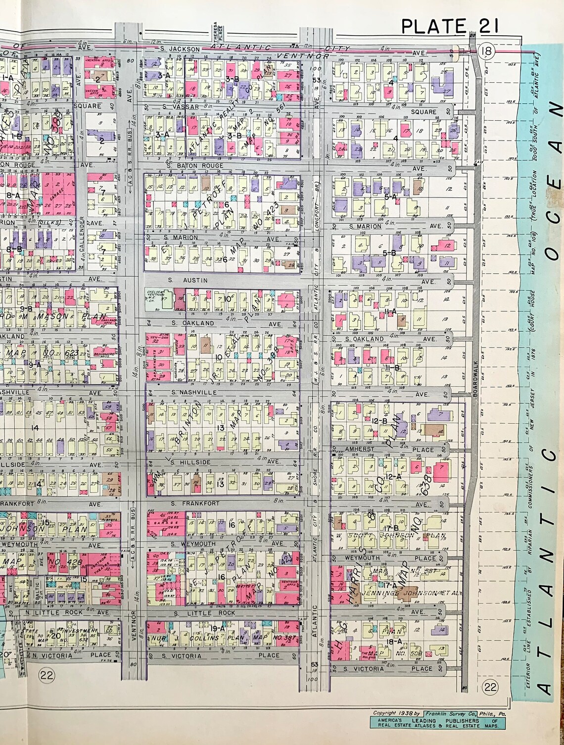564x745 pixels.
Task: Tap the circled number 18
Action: click(486, 50)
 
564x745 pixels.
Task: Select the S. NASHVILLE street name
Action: click(191, 392)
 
